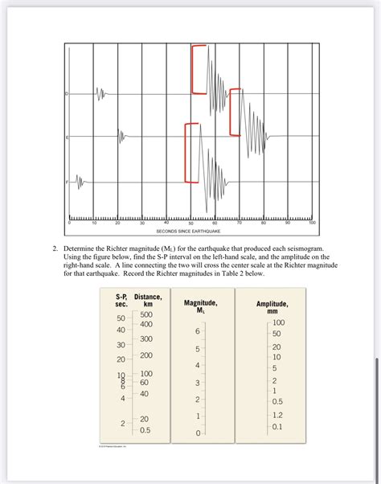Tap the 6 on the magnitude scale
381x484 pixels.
coord(195,331)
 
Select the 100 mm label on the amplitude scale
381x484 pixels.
coord(278,322)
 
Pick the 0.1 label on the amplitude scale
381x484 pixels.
coord(277,426)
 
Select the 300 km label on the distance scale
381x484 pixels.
coord(146,339)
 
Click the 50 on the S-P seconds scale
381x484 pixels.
coord(121,319)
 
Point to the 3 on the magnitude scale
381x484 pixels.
coord(197,383)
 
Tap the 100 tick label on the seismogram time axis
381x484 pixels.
coord(312,222)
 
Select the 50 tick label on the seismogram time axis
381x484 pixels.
coord(190,222)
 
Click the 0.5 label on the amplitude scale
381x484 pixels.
coord(277,400)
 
